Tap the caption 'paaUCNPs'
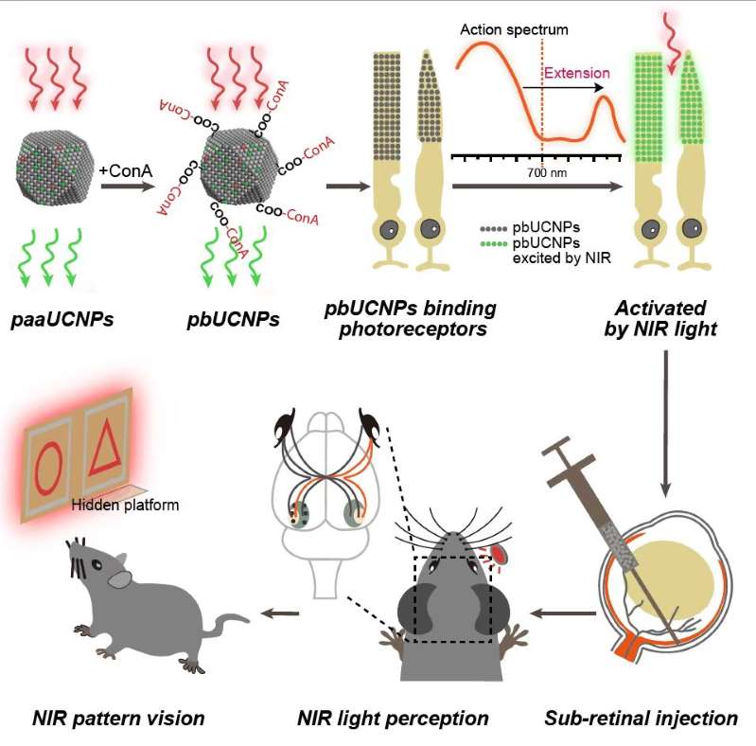click(x=63, y=319)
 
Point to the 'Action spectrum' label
click(x=514, y=29)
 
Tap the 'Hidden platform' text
click(x=125, y=506)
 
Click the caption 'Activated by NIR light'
click(x=660, y=319)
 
